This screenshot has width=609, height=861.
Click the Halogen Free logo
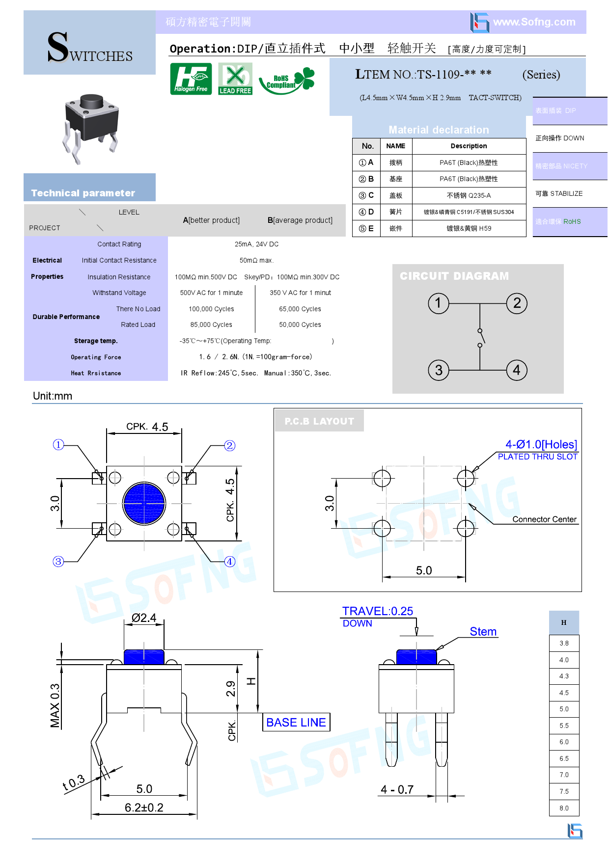(191, 79)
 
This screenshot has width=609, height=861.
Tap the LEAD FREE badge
(235, 79)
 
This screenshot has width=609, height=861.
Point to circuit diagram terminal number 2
(517, 303)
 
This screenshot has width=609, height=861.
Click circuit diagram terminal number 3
(439, 370)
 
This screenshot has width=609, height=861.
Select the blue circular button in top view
(144, 503)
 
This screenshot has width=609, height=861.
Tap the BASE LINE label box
(296, 722)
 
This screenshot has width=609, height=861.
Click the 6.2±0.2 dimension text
(144, 807)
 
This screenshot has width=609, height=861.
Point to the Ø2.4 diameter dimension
(144, 618)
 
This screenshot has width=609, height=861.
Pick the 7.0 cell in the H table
(564, 775)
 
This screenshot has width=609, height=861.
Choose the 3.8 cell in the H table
(564, 644)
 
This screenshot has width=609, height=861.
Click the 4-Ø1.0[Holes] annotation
(541, 444)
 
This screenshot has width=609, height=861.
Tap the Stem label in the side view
(483, 632)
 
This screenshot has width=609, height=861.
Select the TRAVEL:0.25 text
(377, 611)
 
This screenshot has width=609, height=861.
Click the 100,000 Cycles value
(211, 309)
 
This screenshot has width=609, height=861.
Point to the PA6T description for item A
(469, 162)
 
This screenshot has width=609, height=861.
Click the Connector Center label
(544, 519)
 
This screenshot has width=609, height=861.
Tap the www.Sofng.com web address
(534, 22)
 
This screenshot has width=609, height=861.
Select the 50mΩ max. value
(256, 261)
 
